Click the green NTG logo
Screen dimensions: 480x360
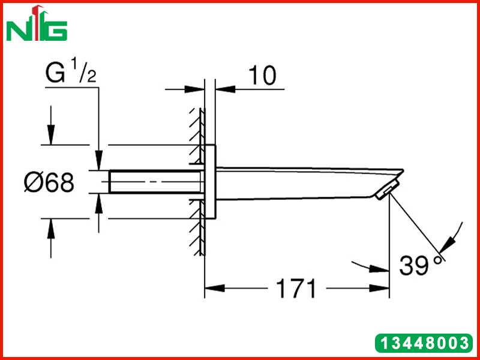pyautogui.click(x=37, y=23)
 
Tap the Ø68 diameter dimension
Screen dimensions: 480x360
pyautogui.click(x=49, y=183)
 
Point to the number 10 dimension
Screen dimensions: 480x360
pyautogui.click(x=262, y=76)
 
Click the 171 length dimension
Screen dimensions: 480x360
pyautogui.click(x=296, y=289)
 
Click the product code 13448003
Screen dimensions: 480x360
pyautogui.click(x=424, y=343)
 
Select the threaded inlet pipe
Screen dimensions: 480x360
pyautogui.click(x=155, y=182)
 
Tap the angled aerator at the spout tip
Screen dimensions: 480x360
pyautogui.click(x=387, y=190)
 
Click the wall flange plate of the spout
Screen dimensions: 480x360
pyautogui.click(x=211, y=182)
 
